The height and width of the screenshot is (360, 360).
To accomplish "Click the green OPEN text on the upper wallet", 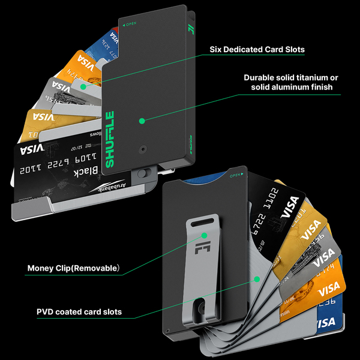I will (130, 25).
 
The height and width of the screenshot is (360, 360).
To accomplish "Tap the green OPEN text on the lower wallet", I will (235, 176).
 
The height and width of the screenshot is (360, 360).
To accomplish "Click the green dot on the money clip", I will (204, 235).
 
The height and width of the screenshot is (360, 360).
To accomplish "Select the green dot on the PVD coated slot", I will (256, 278).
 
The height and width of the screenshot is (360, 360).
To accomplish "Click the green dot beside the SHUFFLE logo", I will (142, 120).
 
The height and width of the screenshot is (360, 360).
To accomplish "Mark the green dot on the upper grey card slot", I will (83, 86).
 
